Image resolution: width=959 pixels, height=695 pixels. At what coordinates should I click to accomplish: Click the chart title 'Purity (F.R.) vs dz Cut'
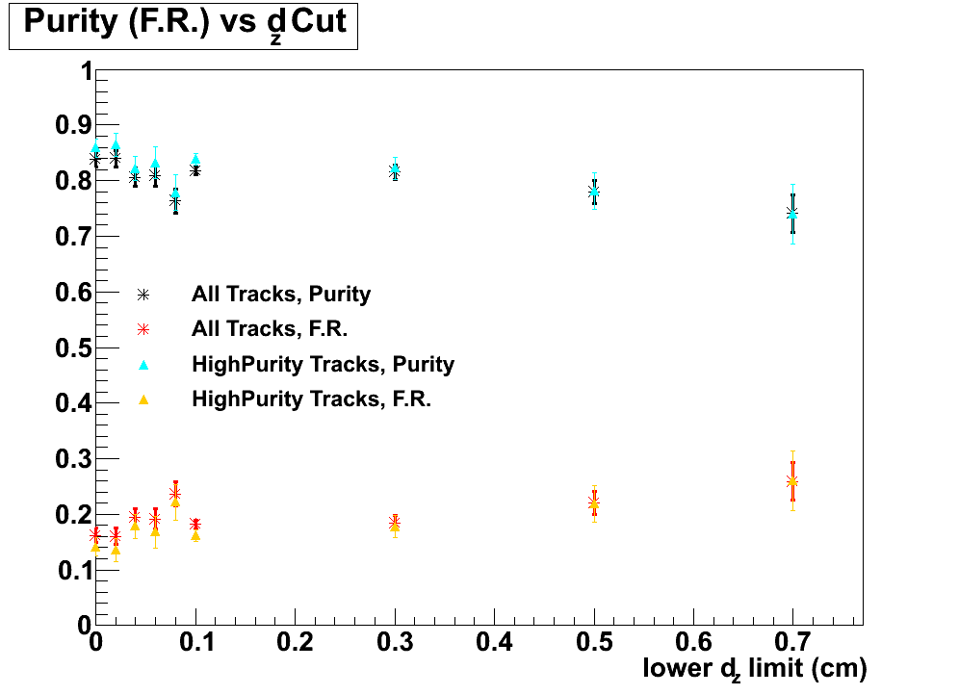(183, 24)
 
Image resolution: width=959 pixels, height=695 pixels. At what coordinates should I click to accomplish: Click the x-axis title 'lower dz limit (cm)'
(755, 668)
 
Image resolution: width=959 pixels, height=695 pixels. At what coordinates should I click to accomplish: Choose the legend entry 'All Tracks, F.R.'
(269, 329)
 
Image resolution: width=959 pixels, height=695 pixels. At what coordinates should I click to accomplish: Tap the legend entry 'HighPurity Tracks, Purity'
(323, 364)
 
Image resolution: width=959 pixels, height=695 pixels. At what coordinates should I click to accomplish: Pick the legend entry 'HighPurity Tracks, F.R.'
(311, 399)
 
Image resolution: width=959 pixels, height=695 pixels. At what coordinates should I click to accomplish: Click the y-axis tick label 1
(86, 71)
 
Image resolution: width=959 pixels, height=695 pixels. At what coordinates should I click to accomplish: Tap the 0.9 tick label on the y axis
(69, 126)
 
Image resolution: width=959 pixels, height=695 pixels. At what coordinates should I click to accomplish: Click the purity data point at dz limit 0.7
(792, 213)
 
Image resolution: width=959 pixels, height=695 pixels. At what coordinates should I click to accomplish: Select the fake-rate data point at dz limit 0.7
(792, 481)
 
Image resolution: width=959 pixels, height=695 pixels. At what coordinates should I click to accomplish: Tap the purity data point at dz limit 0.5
(594, 192)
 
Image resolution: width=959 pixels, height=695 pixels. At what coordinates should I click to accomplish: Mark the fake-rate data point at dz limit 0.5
(594, 502)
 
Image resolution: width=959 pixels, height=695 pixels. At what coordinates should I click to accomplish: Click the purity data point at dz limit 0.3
(395, 170)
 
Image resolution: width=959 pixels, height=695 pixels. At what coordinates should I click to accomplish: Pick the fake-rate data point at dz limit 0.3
(395, 524)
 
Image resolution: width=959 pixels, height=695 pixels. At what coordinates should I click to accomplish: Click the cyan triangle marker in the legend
(143, 364)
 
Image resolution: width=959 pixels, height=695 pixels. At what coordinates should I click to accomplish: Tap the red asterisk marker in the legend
(143, 329)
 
